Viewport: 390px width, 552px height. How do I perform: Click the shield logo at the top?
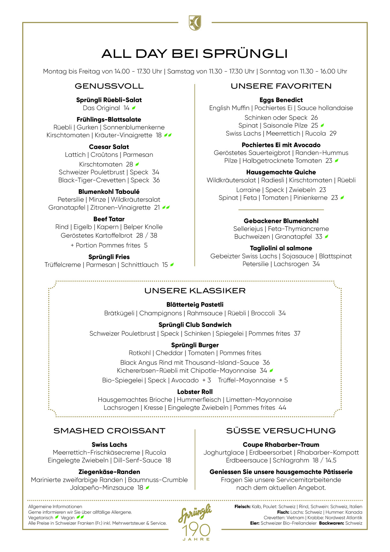[195, 23]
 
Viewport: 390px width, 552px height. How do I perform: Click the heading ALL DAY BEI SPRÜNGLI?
[195, 54]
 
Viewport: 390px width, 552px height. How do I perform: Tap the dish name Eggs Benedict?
[281, 100]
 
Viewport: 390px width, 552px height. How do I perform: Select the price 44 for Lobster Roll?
[282, 408]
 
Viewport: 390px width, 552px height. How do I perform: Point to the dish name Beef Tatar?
[109, 219]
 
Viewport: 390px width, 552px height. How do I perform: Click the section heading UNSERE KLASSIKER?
[195, 291]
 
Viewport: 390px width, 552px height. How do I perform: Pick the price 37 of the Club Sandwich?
[297, 333]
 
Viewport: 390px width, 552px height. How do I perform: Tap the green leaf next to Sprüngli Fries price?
[172, 264]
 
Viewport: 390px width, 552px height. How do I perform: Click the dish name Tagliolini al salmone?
[281, 248]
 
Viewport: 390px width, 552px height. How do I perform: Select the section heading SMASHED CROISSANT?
[109, 431]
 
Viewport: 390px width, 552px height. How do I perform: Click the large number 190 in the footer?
[196, 530]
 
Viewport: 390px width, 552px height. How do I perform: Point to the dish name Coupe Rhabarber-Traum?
[281, 445]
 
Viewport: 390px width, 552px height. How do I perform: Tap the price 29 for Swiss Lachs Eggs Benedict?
[333, 134]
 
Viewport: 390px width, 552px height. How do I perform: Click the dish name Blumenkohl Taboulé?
[109, 192]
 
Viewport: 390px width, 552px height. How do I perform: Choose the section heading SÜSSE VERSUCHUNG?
[281, 431]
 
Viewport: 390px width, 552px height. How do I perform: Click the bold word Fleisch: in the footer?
[242, 507]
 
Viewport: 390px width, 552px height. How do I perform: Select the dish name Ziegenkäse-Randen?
[109, 472]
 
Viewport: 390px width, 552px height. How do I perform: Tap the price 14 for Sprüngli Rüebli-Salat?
[127, 108]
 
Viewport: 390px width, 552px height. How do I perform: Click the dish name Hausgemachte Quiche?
[281, 172]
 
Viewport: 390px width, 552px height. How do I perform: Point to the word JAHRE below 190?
[196, 539]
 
